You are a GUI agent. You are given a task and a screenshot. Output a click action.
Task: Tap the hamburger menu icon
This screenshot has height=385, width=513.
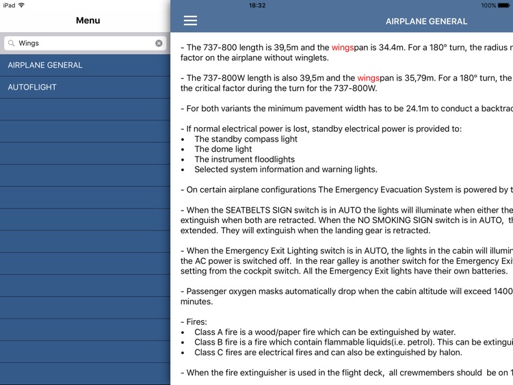click(190, 21)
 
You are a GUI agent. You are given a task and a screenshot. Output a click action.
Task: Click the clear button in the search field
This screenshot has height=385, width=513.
click(159, 43)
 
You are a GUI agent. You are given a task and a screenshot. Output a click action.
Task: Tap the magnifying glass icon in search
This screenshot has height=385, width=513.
click(11, 43)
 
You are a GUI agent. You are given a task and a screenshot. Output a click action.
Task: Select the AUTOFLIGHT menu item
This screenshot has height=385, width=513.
click(32, 87)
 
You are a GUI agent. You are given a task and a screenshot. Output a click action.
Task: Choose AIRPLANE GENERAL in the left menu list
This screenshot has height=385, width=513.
click(45, 65)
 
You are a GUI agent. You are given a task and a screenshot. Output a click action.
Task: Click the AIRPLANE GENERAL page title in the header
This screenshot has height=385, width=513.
click(426, 21)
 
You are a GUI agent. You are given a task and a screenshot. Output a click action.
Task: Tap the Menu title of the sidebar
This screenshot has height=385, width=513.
click(88, 21)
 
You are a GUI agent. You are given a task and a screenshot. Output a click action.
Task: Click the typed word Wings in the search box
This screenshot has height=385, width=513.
click(29, 43)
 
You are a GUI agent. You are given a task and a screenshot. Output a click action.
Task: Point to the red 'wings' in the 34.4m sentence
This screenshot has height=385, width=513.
click(342, 48)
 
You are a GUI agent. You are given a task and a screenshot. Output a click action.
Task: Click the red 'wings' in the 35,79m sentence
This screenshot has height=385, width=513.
click(368, 78)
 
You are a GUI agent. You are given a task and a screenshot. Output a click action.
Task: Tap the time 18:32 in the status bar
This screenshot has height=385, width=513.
click(257, 5)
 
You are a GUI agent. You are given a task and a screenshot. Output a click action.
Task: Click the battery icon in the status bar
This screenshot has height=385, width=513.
click(504, 5)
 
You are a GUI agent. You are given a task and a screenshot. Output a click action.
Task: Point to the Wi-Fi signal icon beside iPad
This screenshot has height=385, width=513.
click(21, 5)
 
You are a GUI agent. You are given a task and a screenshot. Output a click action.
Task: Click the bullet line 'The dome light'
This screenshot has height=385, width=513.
click(223, 149)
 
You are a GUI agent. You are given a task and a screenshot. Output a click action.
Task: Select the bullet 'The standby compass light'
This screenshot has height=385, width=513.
click(246, 139)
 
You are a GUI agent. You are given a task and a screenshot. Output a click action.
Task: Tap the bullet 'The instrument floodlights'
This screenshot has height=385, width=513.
click(244, 159)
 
